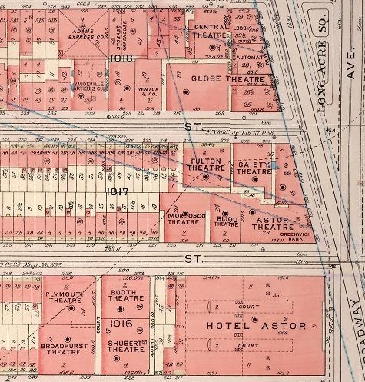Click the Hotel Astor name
click(x=257, y=326)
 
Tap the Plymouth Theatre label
click(x=64, y=297)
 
